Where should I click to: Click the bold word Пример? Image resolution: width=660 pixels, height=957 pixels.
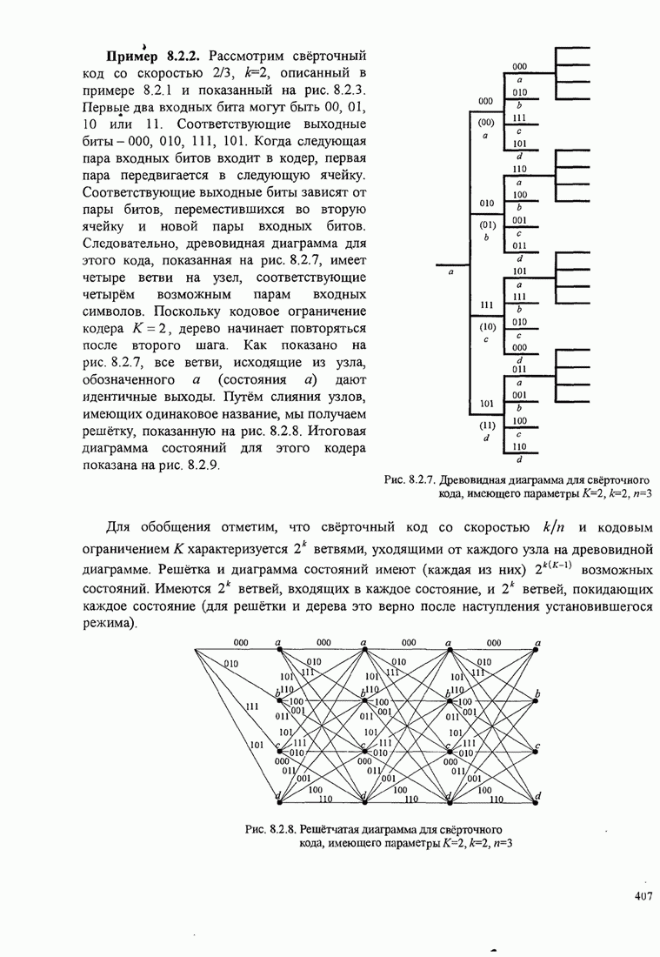tap(133, 54)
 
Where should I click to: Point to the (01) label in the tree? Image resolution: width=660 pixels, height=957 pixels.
tap(486, 224)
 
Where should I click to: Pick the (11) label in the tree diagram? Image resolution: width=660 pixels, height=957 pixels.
tap(486, 425)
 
